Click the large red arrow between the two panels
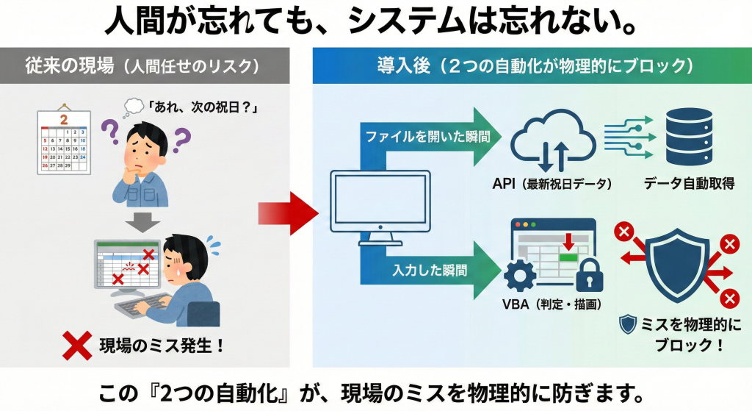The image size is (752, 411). click(287, 214)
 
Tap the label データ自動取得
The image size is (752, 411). click(687, 183)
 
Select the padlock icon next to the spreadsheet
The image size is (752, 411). click(587, 274)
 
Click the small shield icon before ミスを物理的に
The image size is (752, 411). click(628, 325)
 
